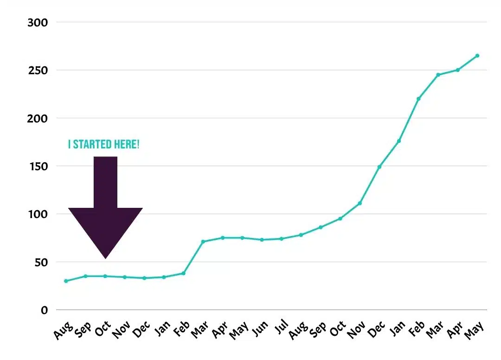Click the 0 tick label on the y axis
(45, 310)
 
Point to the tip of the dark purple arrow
(106, 258)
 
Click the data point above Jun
(262, 240)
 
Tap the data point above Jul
(282, 239)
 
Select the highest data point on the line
(477, 56)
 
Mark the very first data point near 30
(66, 281)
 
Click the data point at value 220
(418, 99)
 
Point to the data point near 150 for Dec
(379, 167)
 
